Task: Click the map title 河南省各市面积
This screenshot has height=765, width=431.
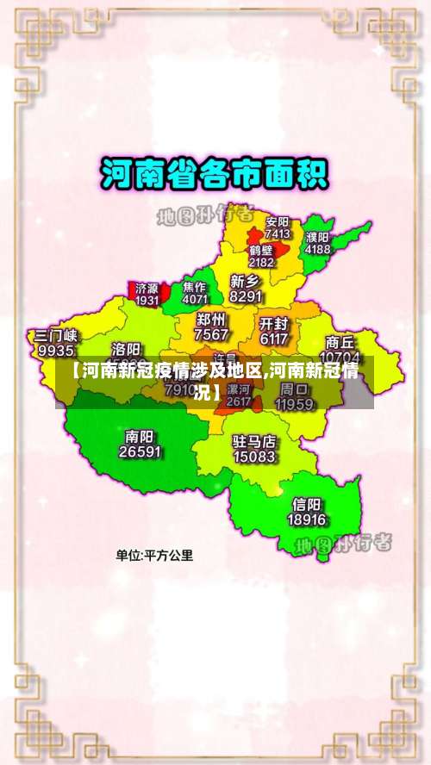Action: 215,175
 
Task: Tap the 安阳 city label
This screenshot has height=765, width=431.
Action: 278,221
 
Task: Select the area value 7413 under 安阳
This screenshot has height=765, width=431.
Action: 278,233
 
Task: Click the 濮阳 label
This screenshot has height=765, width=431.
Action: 317,237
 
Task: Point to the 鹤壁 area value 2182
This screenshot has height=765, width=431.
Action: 261,262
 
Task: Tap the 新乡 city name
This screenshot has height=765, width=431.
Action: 246,281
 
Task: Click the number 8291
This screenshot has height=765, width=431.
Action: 246,296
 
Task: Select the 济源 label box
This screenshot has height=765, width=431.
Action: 147,294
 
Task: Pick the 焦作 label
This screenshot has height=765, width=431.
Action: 195,287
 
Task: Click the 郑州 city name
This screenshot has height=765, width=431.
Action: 212,320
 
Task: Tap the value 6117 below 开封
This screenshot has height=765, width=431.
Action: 273,339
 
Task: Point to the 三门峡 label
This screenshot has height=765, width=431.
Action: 56,335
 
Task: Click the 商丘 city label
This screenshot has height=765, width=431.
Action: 340,341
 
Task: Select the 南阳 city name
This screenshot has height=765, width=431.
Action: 140,436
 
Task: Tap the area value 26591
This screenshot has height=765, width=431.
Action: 140,451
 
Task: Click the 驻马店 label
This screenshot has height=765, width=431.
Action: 254,441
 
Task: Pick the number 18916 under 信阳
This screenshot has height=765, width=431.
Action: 307,520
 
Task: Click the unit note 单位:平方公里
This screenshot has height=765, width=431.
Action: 155,556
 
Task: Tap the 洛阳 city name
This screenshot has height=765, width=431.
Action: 127,349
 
